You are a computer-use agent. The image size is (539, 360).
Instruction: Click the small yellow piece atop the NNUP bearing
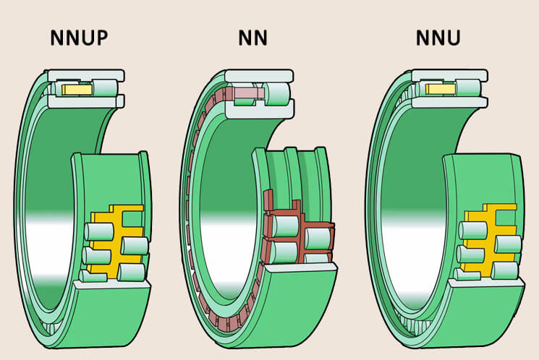[x=75, y=89]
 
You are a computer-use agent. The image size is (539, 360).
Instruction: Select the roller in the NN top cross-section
[x=278, y=93]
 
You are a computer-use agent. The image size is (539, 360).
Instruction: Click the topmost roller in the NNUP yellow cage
[x=98, y=231]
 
